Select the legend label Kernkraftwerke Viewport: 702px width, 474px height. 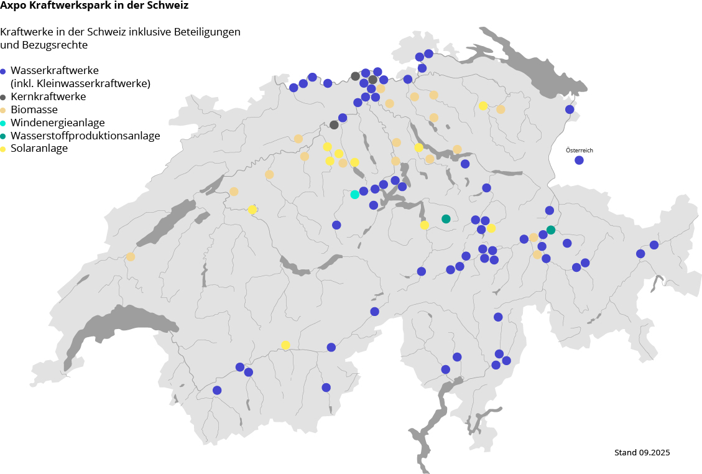pyautogui.click(x=48, y=96)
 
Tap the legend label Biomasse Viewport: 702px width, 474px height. pyautogui.click(x=34, y=109)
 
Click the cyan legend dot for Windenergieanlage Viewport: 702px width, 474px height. pyautogui.click(x=4, y=123)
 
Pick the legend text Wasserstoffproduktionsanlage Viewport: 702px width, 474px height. pyautogui.click(x=85, y=136)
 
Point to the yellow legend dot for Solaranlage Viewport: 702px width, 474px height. pyautogui.click(x=4, y=149)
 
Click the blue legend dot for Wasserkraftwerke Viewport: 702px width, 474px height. pyautogui.click(x=4, y=72)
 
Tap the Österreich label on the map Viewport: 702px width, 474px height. pyautogui.click(x=579, y=151)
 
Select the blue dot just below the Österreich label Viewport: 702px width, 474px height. pyautogui.click(x=579, y=160)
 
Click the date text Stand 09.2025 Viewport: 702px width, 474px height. pyautogui.click(x=642, y=452)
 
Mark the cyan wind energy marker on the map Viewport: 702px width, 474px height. pyautogui.click(x=354, y=195)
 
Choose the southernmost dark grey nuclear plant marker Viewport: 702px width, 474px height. pyautogui.click(x=334, y=124)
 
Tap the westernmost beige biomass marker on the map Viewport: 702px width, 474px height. pyautogui.click(x=131, y=257)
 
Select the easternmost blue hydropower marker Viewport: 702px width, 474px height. pyautogui.click(x=654, y=245)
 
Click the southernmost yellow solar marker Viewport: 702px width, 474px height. pyautogui.click(x=285, y=345)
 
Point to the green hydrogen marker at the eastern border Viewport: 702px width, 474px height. pyautogui.click(x=551, y=230)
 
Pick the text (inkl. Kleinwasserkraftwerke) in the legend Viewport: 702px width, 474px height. pyautogui.click(x=80, y=83)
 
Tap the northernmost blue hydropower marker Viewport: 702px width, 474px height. pyautogui.click(x=428, y=53)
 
